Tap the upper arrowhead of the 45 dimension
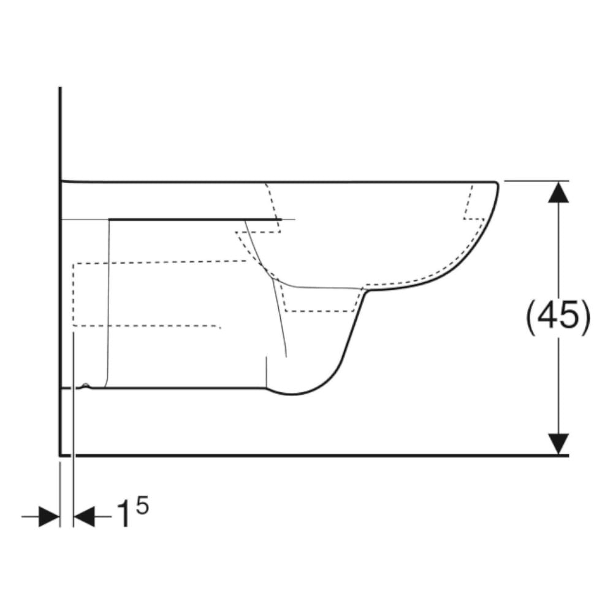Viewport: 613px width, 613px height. tap(558, 192)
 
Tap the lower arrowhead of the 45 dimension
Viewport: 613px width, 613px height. tap(558, 444)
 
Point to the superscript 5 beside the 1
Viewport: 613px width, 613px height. tap(143, 506)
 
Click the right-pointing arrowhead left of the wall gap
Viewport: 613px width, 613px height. tap(49, 516)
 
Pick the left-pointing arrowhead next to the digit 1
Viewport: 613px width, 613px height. tap(84, 516)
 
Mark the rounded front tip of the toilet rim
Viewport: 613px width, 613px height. tap(498, 184)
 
